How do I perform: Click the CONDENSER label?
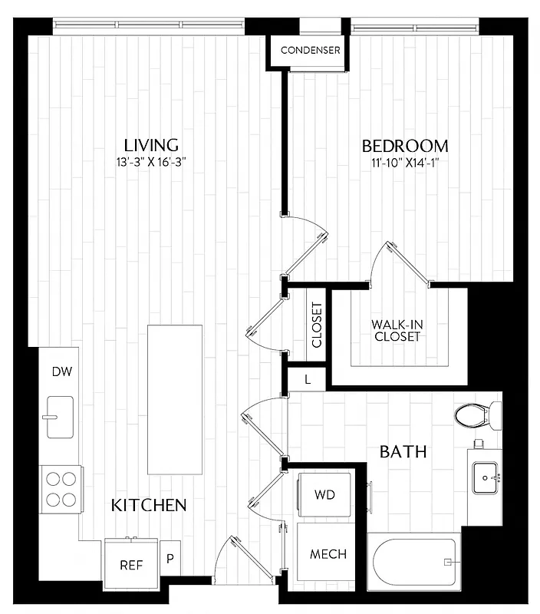click(x=310, y=51)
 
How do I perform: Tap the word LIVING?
click(x=151, y=145)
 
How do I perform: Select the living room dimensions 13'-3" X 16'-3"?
click(x=151, y=162)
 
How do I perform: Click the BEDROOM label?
click(x=405, y=146)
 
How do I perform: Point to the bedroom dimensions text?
click(x=405, y=163)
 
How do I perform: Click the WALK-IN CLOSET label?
click(x=397, y=330)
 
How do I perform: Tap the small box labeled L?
click(x=308, y=378)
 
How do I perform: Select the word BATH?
click(x=403, y=451)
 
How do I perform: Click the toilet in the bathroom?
click(x=476, y=415)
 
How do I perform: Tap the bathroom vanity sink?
click(x=486, y=477)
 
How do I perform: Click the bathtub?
click(x=415, y=563)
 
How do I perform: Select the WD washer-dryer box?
click(x=324, y=495)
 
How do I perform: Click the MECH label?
click(x=328, y=554)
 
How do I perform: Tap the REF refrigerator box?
click(x=131, y=565)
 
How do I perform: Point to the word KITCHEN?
click(x=149, y=505)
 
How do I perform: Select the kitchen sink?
click(x=60, y=416)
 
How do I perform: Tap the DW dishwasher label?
click(x=61, y=372)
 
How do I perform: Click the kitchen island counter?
click(x=176, y=399)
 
